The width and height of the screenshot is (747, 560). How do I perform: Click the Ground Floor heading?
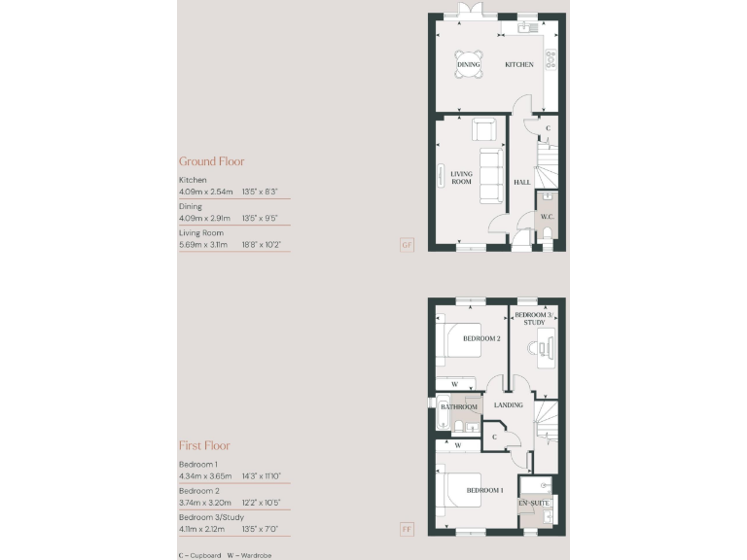pos(211,161)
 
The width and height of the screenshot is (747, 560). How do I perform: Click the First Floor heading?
pos(204,445)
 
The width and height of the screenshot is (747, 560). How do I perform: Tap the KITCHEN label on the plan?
pos(518,65)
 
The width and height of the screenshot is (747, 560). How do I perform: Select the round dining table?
pos(469,64)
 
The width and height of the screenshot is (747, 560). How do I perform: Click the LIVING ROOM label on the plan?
pos(461,178)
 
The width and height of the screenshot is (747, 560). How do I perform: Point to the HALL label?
pos(522,182)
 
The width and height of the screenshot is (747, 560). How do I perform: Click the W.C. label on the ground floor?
pos(547,217)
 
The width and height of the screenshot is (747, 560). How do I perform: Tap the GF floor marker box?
pos(407,245)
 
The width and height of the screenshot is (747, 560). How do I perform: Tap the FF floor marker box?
pos(407,530)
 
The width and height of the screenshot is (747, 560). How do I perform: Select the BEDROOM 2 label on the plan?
pos(481,338)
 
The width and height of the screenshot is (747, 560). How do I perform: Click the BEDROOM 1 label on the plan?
pos(483,491)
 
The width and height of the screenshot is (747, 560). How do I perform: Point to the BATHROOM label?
pos(458,407)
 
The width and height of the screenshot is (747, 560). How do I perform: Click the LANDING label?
pos(509,405)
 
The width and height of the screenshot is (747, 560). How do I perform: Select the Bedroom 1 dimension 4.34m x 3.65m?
pos(202,476)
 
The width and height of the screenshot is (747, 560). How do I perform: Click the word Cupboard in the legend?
pos(201,553)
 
